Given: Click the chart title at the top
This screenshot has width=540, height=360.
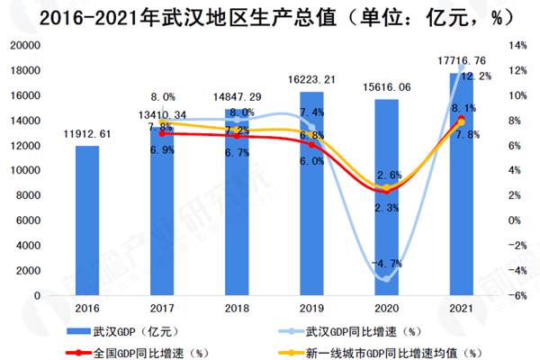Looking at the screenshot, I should tap(270, 16).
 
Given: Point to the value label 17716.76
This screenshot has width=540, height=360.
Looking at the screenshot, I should tap(461, 61).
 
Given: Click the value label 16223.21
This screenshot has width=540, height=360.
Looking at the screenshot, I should tap(311, 80).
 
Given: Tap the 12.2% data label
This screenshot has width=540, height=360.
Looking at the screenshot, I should tap(476, 76).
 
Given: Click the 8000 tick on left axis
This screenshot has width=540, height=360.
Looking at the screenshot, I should tap(32, 195).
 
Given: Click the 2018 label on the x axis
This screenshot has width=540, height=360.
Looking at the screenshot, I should tap(237, 308).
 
